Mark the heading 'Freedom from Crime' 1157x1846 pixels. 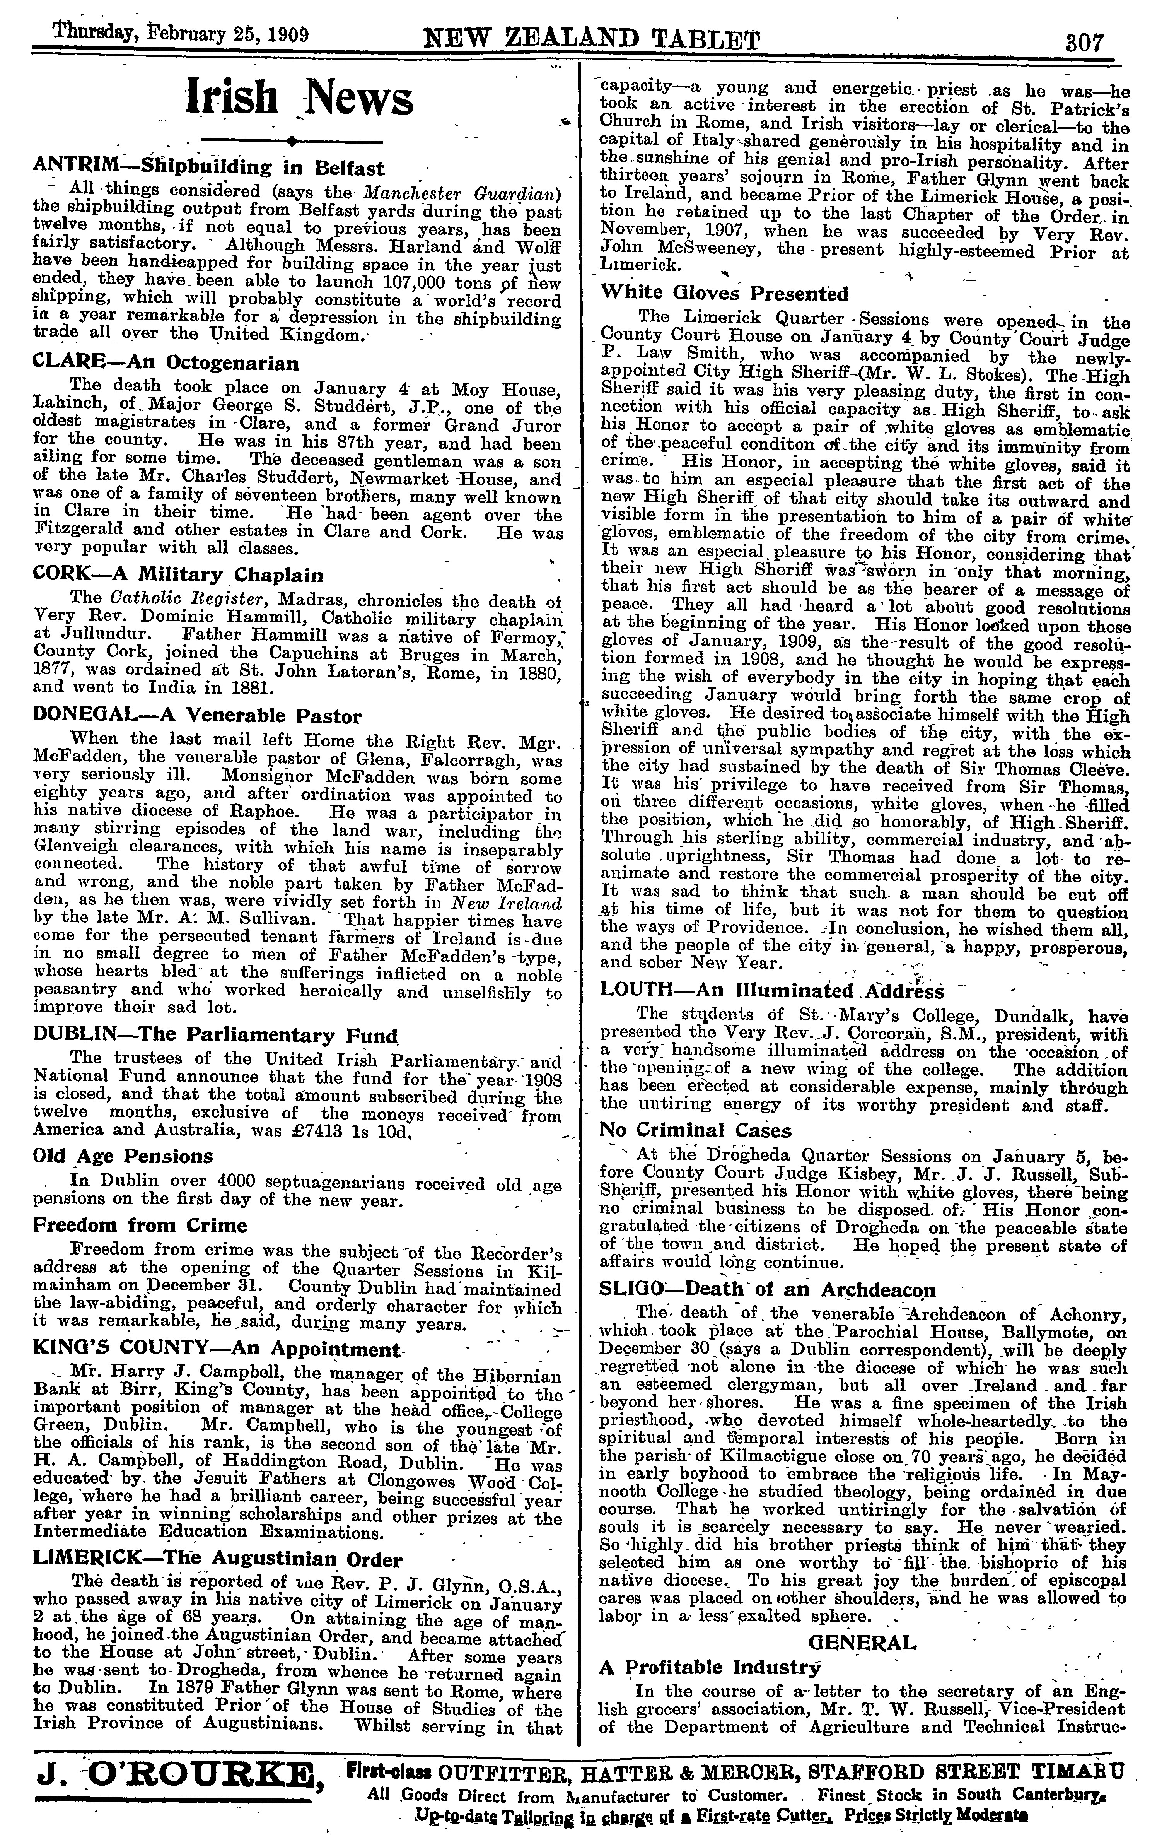[140, 1225]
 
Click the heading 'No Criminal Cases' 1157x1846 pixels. [696, 1130]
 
